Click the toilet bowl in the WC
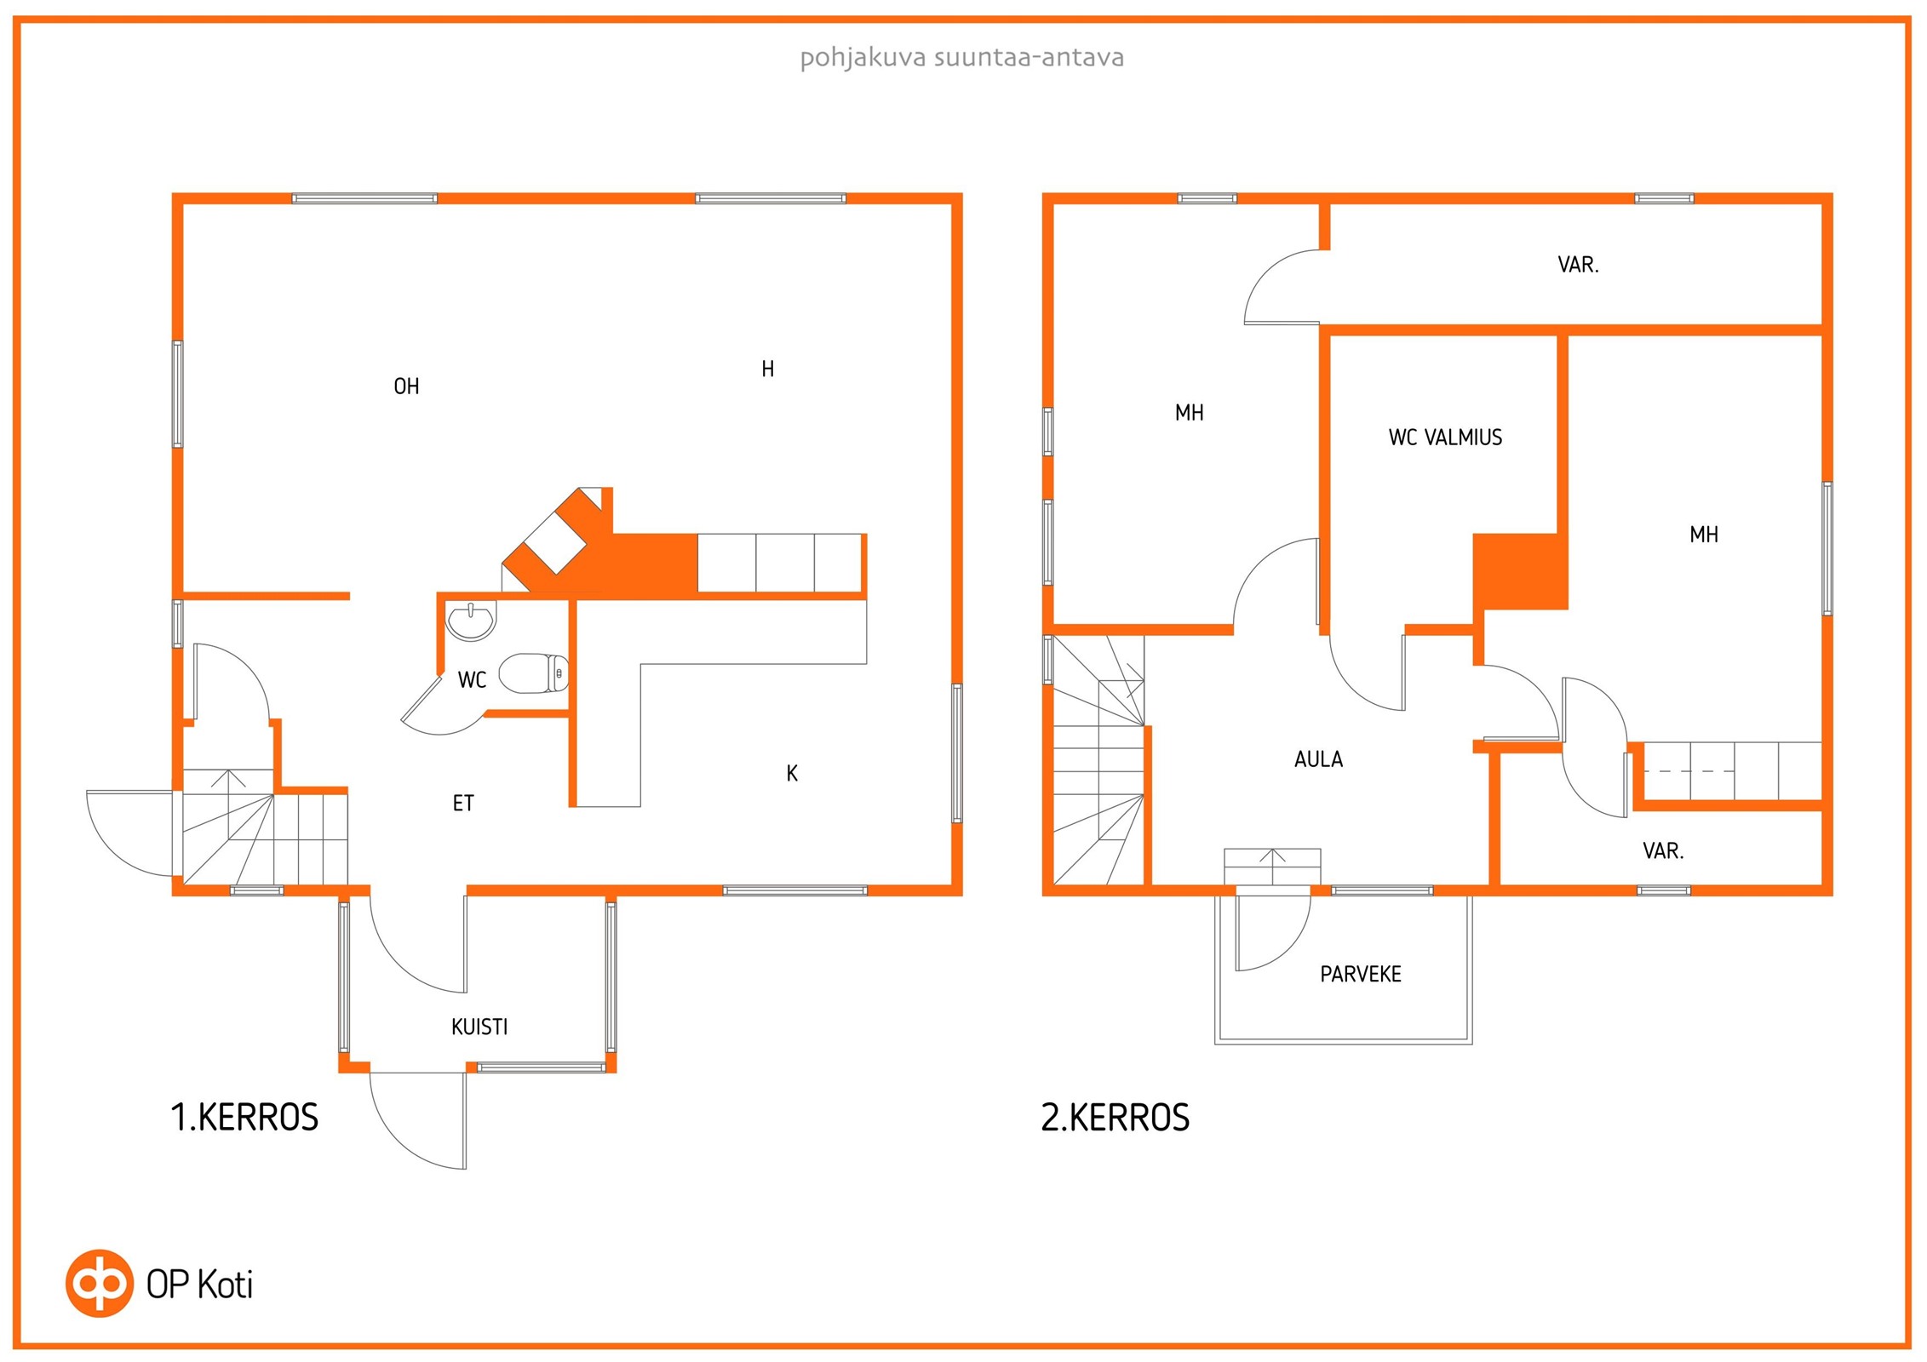[533, 673]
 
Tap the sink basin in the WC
[471, 621]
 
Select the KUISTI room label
[479, 1027]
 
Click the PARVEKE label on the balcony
[1361, 974]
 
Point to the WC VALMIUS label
[1445, 438]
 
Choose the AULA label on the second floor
[1318, 759]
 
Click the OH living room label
[406, 386]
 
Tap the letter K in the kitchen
[792, 773]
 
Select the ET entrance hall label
[462, 803]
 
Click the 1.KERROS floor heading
[244, 1117]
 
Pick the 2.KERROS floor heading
[1115, 1117]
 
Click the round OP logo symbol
[100, 1284]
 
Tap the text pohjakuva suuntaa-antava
[962, 58]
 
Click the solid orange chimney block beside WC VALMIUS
[1521, 571]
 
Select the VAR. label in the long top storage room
[1578, 265]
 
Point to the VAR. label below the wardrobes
[1663, 850]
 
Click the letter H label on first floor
[767, 369]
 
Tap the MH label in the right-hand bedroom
[1704, 535]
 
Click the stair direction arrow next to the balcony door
[1272, 866]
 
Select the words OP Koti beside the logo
[199, 1285]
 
